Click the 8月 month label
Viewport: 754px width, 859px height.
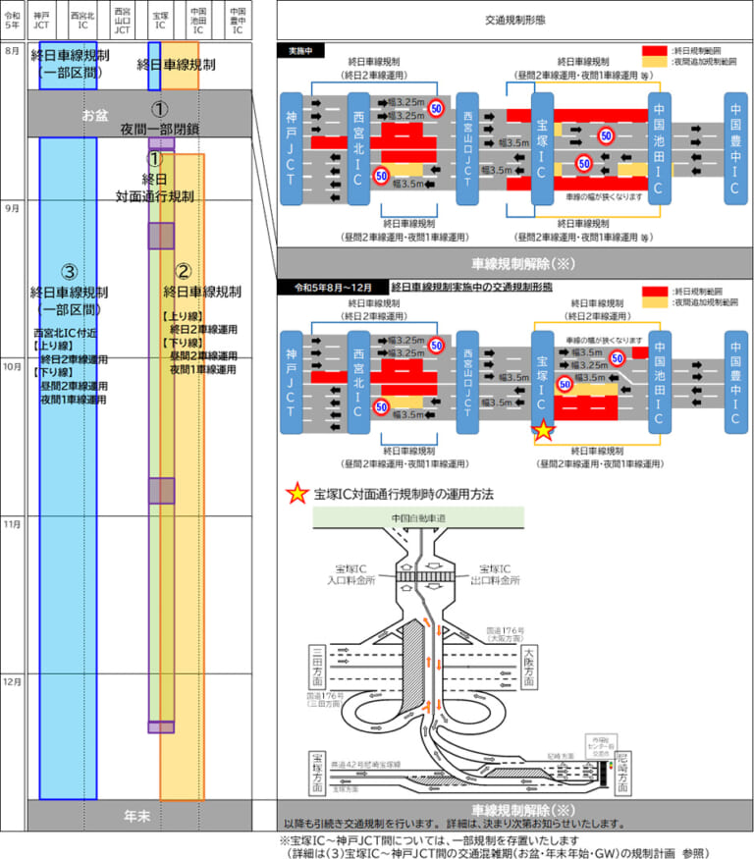click(x=12, y=50)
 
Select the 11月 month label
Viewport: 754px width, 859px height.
click(x=12, y=524)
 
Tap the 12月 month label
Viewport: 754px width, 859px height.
click(x=12, y=680)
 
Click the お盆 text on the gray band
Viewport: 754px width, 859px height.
click(x=96, y=115)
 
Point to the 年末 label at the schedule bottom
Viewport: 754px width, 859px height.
click(x=136, y=815)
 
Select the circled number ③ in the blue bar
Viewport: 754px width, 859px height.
click(x=68, y=271)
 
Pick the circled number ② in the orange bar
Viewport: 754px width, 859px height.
click(x=182, y=271)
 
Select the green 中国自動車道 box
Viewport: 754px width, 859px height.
click(x=417, y=517)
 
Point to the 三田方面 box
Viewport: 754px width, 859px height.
click(x=316, y=666)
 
